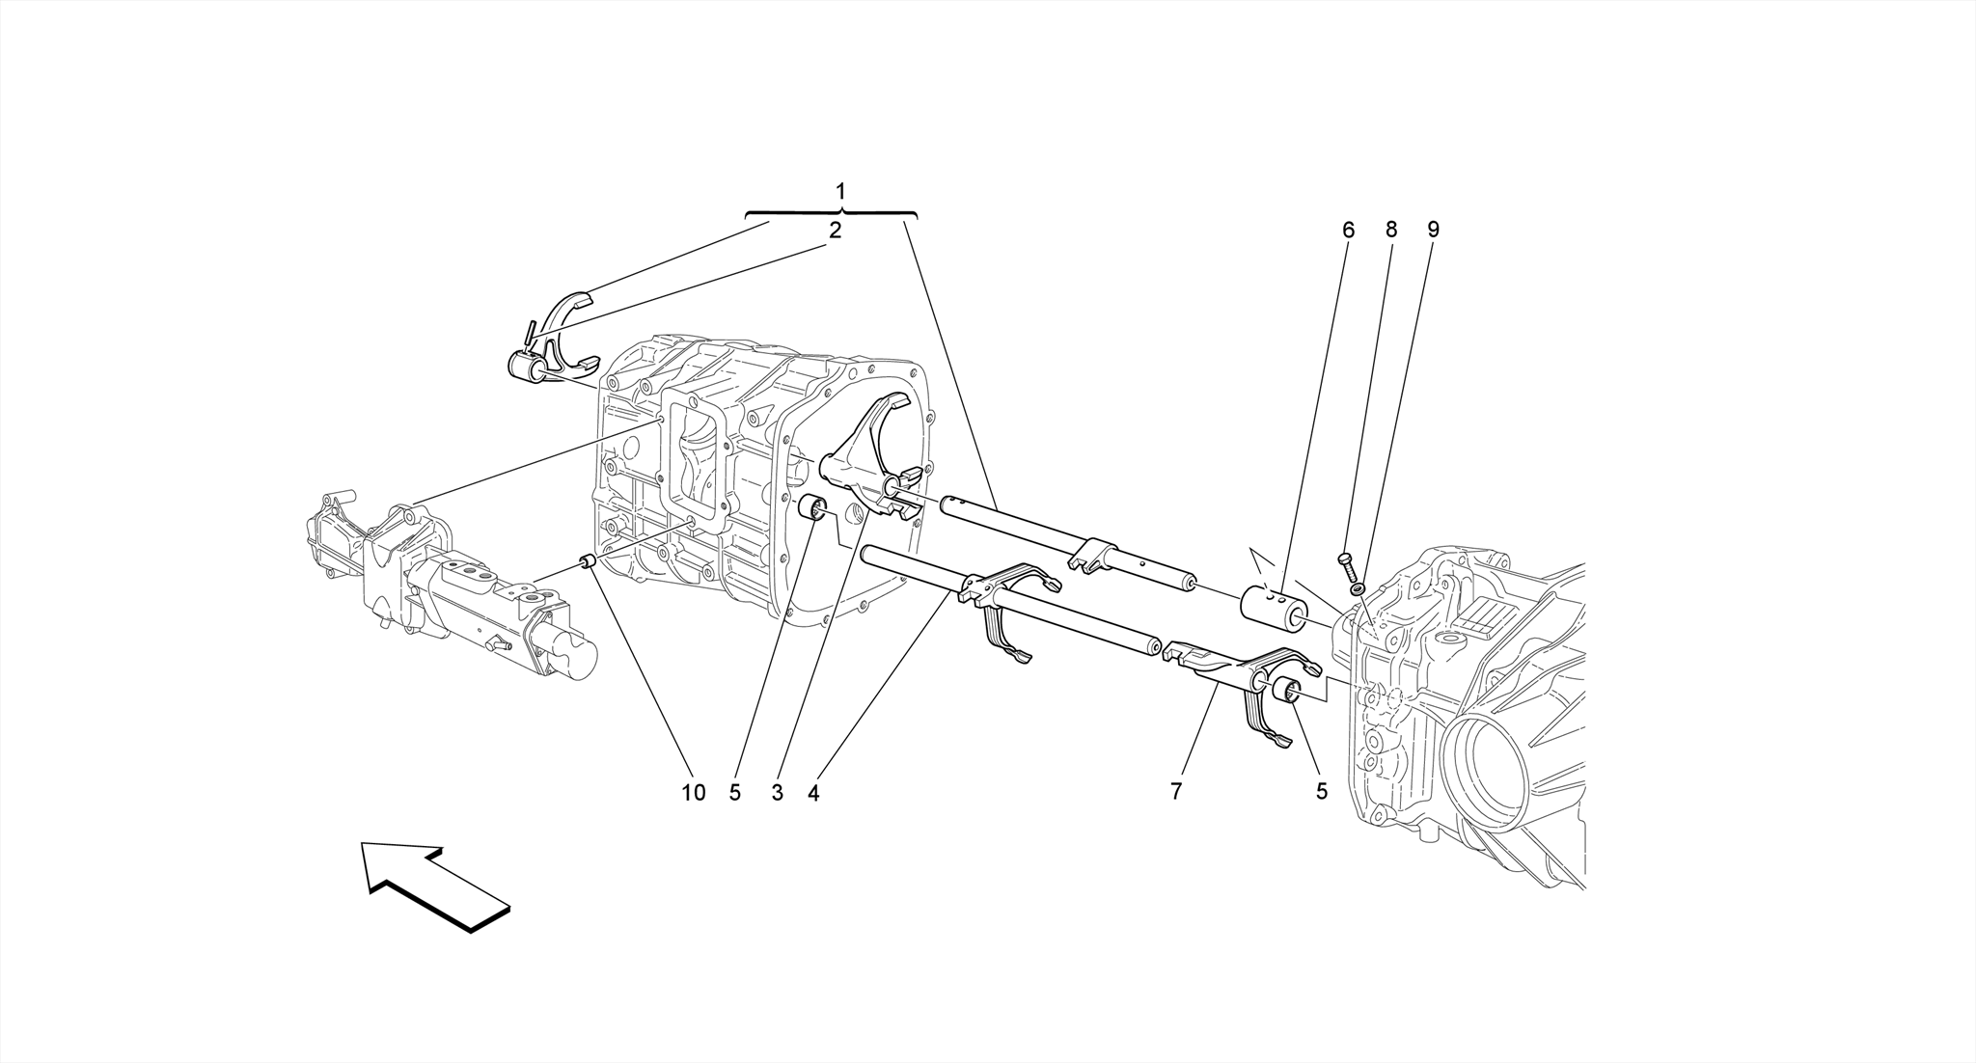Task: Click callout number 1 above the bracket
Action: click(840, 190)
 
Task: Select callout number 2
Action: click(835, 231)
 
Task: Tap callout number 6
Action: click(1348, 231)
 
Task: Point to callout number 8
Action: click(1390, 231)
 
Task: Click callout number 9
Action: click(1433, 231)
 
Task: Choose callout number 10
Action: click(693, 793)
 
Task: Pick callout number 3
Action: click(777, 793)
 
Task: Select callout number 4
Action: click(813, 793)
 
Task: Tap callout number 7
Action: click(1176, 792)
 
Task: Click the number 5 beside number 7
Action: click(1321, 792)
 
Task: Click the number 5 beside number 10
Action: click(735, 793)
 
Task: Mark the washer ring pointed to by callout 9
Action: click(1357, 587)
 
